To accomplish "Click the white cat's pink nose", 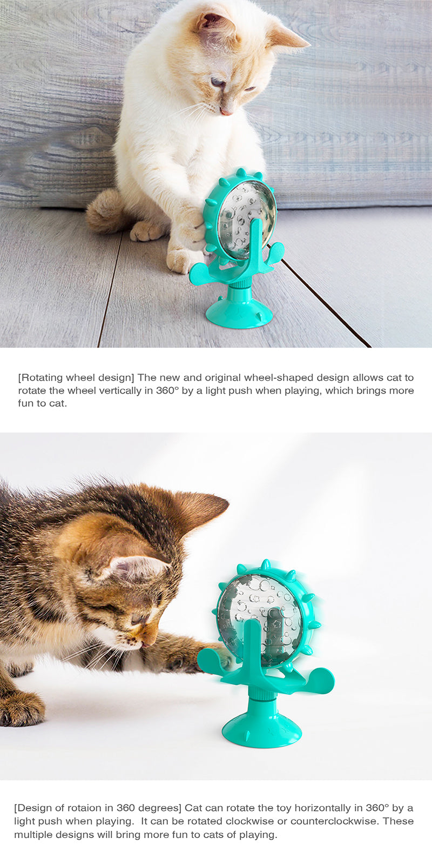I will (226, 111).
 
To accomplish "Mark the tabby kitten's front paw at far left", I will (22, 708).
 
